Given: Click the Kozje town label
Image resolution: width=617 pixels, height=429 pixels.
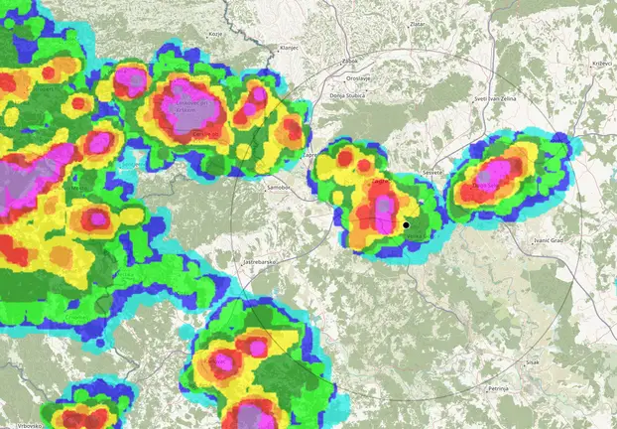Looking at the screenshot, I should [213, 34].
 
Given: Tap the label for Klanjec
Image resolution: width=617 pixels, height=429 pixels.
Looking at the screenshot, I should [290, 48].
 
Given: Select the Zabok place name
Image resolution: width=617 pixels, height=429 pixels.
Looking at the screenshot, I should [349, 61].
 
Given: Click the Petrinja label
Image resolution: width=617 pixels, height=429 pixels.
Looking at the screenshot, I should [498, 388].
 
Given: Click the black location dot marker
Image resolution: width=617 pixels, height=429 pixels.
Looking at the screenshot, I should [406, 226].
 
